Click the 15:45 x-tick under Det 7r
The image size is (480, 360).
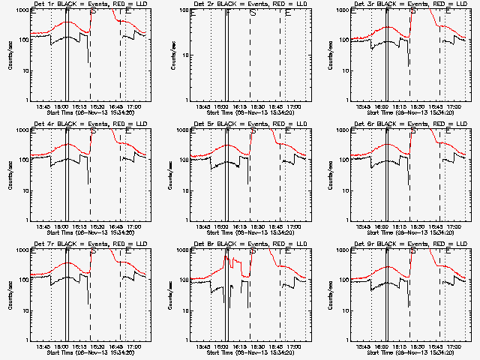coord(43,346)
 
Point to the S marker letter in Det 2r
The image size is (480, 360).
coord(253,13)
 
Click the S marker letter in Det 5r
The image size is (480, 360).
coord(253,133)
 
